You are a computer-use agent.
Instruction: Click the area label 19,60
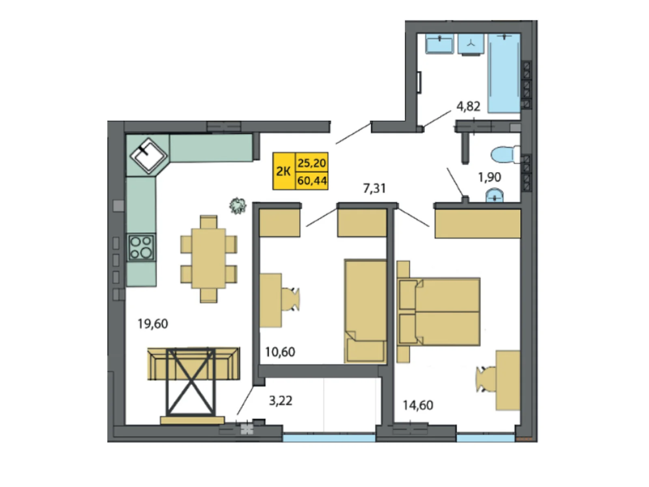(153, 324)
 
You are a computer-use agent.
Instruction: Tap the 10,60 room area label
(280, 352)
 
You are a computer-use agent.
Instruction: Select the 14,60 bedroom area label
(418, 405)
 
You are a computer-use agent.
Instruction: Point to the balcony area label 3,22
(280, 401)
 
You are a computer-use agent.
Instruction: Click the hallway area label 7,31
(374, 188)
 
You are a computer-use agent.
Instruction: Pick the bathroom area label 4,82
(468, 106)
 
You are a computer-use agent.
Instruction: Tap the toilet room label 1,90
(489, 177)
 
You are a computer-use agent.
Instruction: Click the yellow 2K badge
(284, 171)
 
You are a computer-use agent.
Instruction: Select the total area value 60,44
(312, 181)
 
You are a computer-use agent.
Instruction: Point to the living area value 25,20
(312, 163)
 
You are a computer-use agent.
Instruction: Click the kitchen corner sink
(148, 155)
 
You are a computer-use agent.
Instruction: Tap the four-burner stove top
(141, 247)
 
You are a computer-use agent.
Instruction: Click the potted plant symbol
(238, 205)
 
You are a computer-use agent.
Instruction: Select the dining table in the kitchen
(208, 259)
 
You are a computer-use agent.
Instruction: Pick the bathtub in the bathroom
(504, 73)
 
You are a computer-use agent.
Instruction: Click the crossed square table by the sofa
(191, 381)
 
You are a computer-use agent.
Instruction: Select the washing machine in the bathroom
(471, 43)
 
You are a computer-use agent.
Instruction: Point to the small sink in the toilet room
(494, 197)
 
